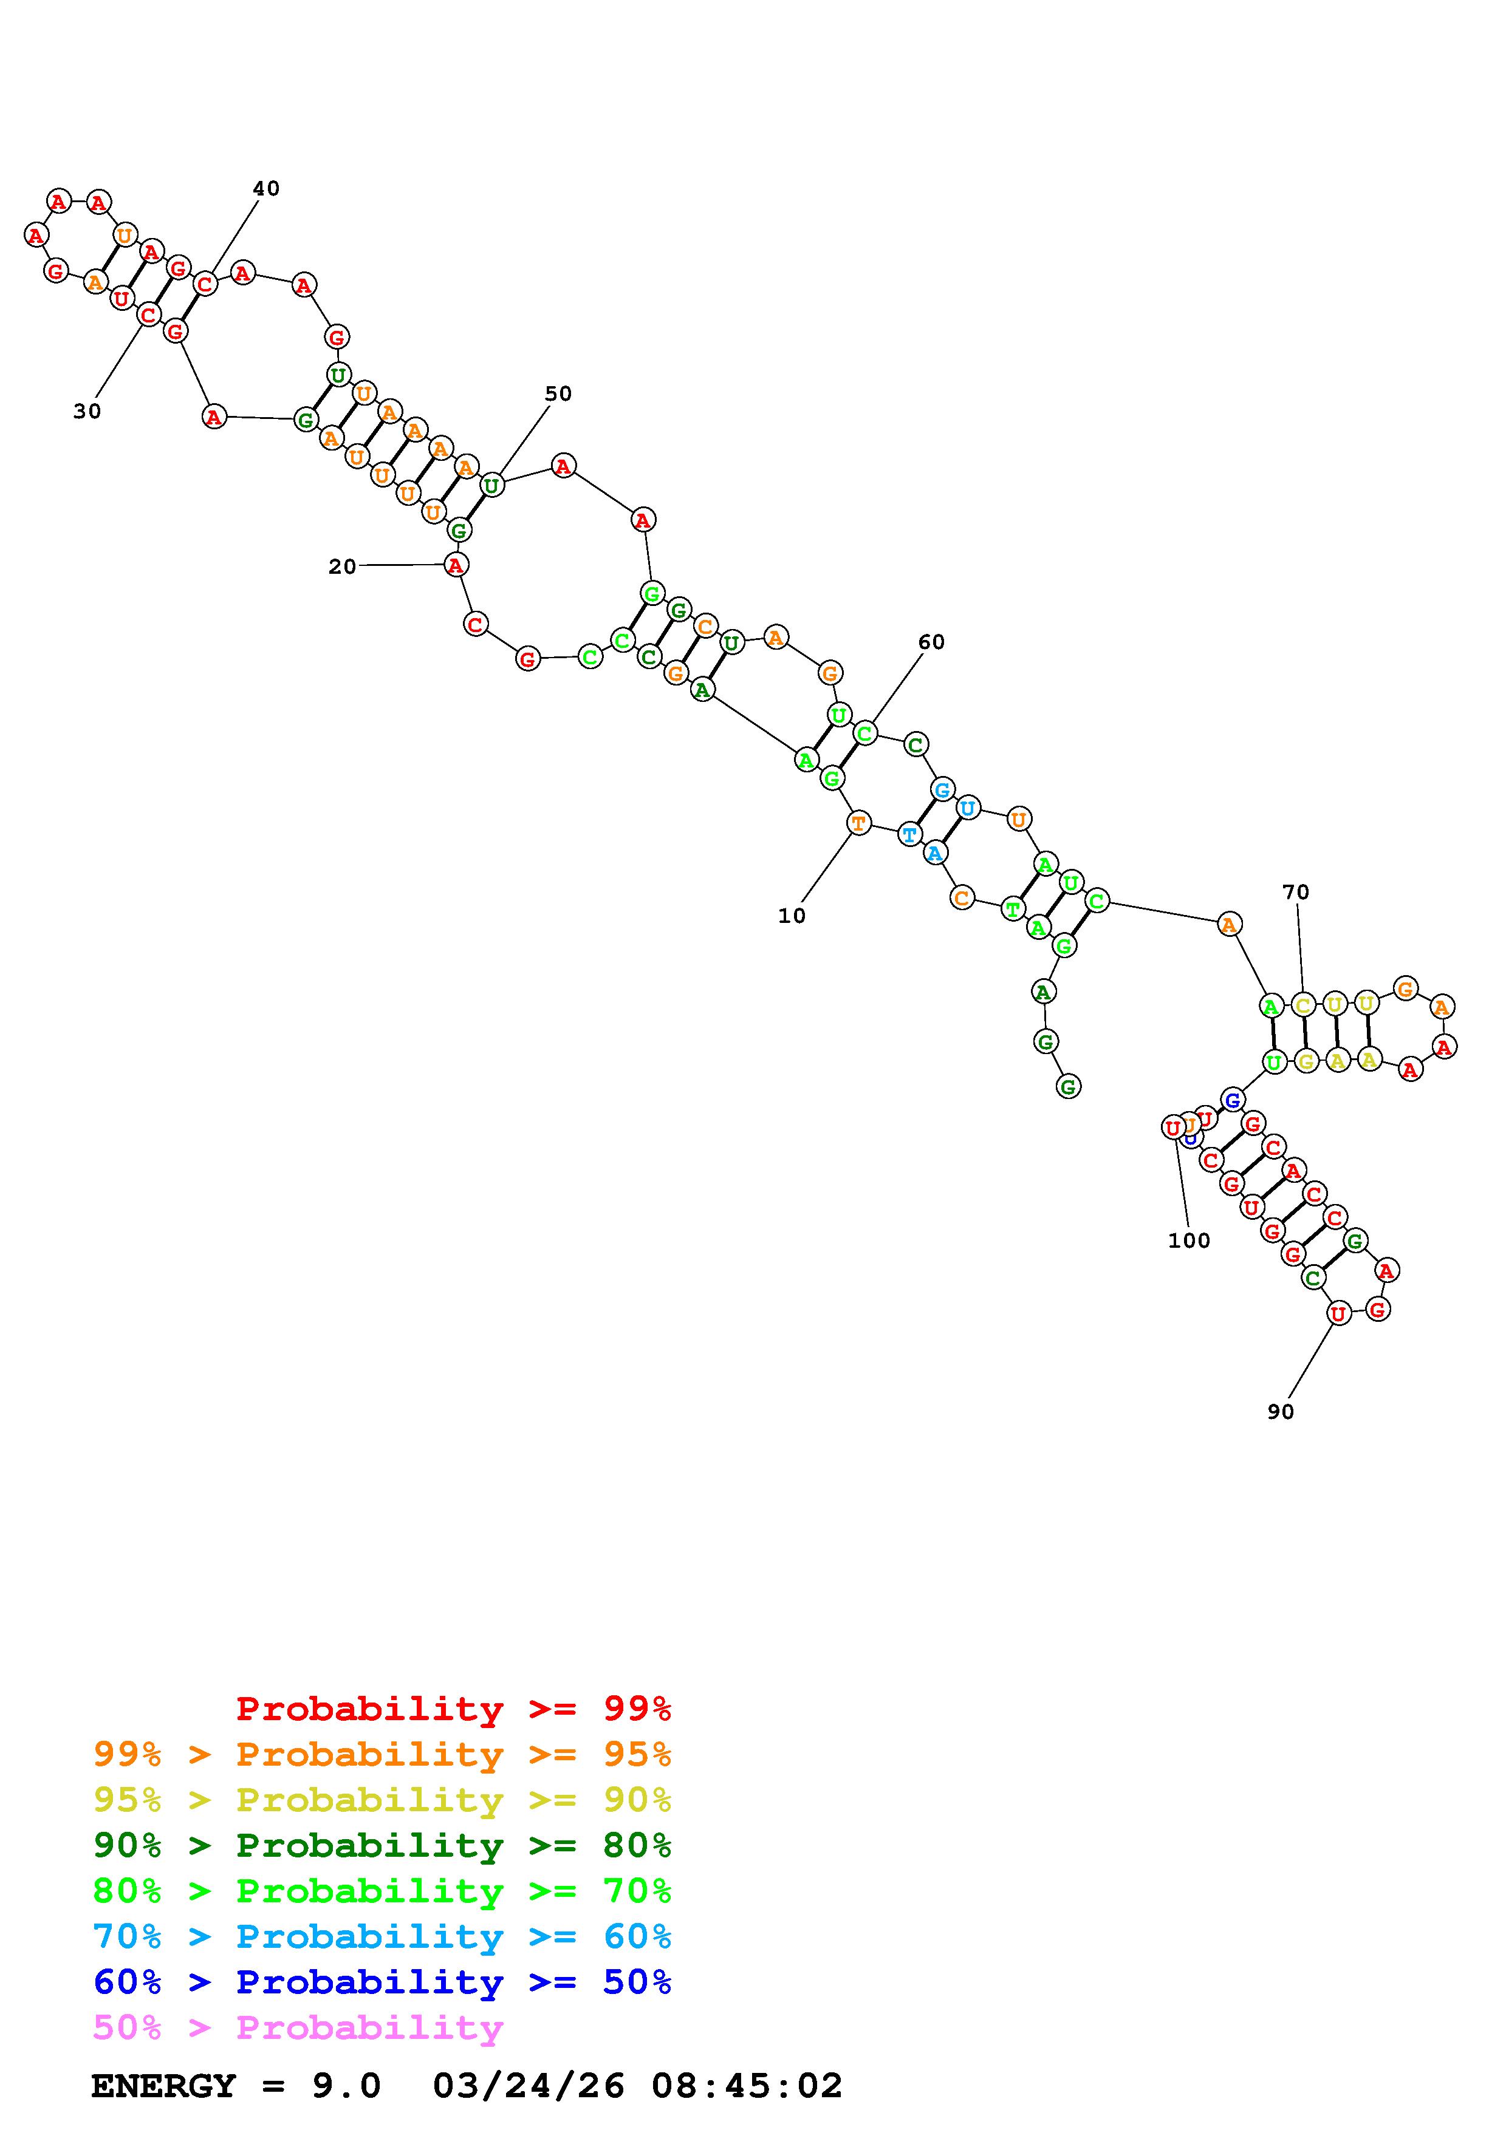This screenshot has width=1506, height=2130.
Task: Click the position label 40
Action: pyautogui.click(x=265, y=188)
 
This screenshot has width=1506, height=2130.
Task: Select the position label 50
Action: pyautogui.click(x=558, y=393)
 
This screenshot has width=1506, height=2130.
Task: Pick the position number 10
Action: pyautogui.click(x=792, y=916)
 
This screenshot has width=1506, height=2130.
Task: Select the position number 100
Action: pyautogui.click(x=1189, y=1240)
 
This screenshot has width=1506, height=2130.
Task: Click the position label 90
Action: pyautogui.click(x=1281, y=1411)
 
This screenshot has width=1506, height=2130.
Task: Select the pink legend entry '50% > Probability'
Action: pyautogui.click(x=298, y=2028)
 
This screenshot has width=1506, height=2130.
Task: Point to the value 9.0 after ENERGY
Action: pyautogui.click(x=346, y=2086)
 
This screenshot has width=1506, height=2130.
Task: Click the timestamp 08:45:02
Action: pyautogui.click(x=747, y=2086)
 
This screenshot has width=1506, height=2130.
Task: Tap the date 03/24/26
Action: pyautogui.click(x=528, y=2086)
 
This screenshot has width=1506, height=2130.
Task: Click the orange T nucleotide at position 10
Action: pyautogui.click(x=859, y=822)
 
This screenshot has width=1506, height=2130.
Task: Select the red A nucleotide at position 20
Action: pyautogui.click(x=454, y=564)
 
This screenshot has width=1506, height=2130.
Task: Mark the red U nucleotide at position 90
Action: pyautogui.click(x=1337, y=1313)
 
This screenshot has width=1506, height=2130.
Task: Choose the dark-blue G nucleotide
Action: pyautogui.click(x=1232, y=1100)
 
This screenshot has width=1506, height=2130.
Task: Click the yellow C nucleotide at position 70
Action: pyautogui.click(x=1302, y=1005)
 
